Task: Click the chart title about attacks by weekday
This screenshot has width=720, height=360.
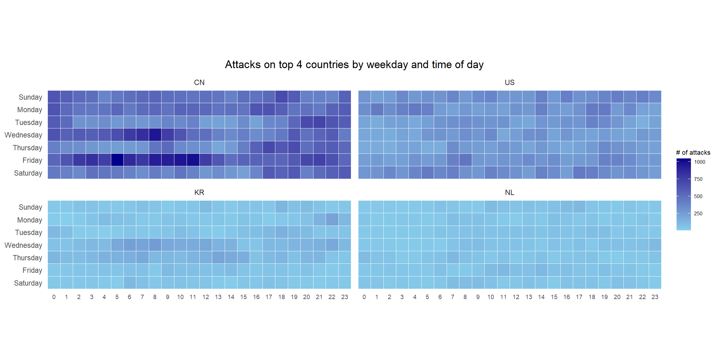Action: click(x=354, y=65)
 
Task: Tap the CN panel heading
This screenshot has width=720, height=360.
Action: click(x=199, y=82)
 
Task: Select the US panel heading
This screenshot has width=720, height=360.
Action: click(x=509, y=82)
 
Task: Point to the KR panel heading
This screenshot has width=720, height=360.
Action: click(x=199, y=192)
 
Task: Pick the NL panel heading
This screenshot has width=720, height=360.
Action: click(x=509, y=192)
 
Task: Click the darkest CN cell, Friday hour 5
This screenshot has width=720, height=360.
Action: click(x=117, y=160)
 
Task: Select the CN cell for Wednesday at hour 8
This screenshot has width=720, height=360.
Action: click(x=155, y=135)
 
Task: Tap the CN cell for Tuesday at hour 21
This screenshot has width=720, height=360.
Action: click(x=319, y=122)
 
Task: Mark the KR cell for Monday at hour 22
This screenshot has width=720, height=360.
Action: click(x=332, y=219)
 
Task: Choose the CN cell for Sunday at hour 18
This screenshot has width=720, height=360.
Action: click(x=282, y=97)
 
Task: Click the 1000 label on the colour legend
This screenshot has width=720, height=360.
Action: click(x=700, y=162)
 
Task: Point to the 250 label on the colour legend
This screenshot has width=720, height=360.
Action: click(x=698, y=213)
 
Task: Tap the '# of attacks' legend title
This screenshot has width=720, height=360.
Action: click(x=693, y=152)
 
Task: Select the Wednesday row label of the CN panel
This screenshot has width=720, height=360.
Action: click(x=23, y=135)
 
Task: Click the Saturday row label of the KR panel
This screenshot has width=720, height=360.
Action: click(x=28, y=283)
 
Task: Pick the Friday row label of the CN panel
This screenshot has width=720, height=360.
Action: click(x=32, y=160)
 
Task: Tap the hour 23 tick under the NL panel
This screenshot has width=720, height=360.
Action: click(x=655, y=297)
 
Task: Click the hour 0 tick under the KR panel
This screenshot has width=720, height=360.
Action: click(x=54, y=297)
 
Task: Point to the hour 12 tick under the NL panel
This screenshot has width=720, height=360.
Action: click(x=516, y=297)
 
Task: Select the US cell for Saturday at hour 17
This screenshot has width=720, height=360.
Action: click(x=579, y=172)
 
